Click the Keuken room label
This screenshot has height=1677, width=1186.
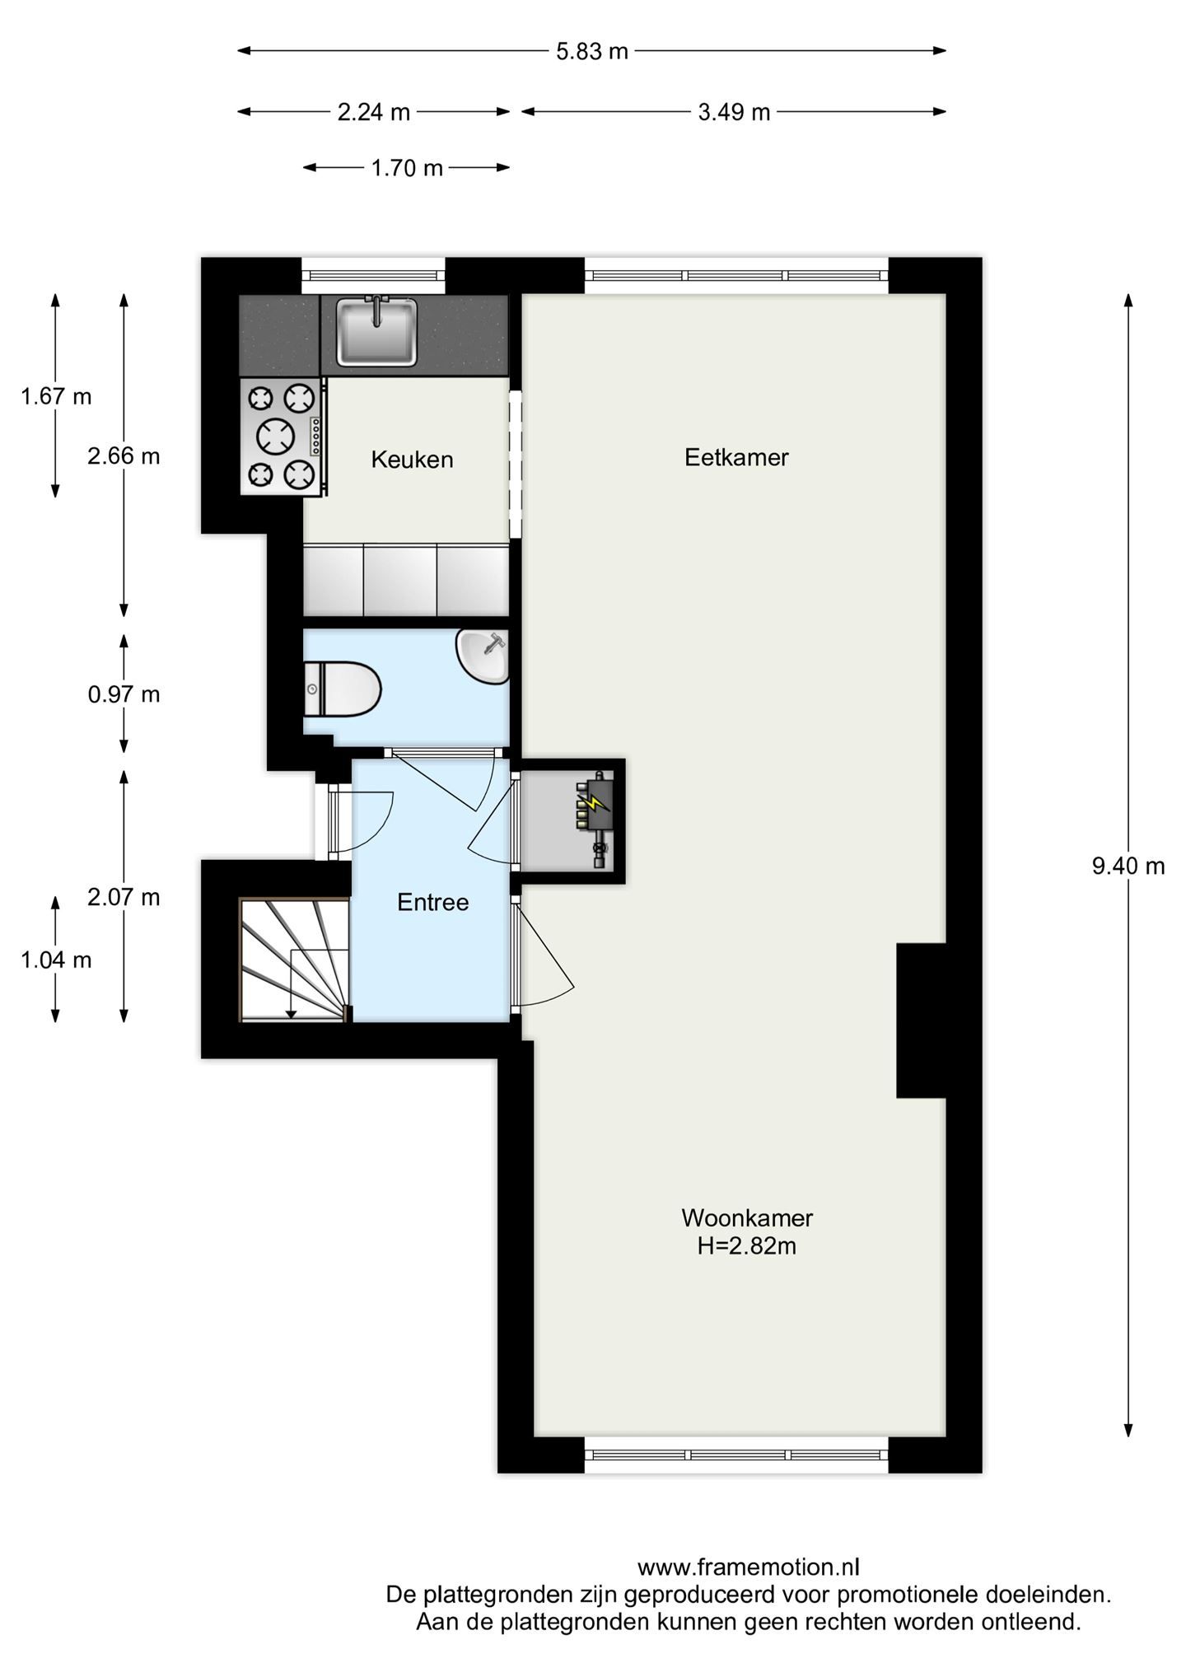[412, 460]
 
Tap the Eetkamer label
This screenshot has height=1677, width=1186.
[736, 457]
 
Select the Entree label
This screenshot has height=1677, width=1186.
[432, 902]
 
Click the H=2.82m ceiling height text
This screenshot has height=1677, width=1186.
[746, 1246]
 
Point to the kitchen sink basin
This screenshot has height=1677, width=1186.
[376, 332]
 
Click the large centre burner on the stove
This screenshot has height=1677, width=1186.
[275, 436]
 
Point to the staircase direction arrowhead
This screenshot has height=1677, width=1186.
[291, 1013]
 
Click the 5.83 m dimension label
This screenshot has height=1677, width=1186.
[591, 51]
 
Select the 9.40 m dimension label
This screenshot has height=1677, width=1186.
[1128, 866]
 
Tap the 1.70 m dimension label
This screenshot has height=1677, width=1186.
[407, 168]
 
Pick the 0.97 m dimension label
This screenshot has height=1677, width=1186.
[124, 694]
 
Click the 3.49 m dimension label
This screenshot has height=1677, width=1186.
[733, 112]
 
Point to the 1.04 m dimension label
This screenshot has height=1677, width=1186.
[56, 960]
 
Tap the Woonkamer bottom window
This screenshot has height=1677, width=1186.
[736, 1455]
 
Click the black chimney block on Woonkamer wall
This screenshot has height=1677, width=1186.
[920, 1021]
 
